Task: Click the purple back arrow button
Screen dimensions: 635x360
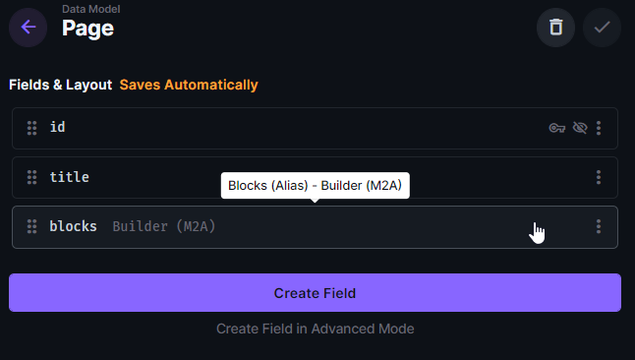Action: tap(28, 28)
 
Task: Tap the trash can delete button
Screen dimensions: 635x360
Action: tap(555, 28)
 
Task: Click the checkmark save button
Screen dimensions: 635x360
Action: tap(602, 28)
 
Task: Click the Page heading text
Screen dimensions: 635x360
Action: tap(87, 29)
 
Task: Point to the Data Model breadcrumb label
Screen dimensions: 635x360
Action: tap(91, 9)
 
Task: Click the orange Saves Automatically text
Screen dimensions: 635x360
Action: tap(189, 85)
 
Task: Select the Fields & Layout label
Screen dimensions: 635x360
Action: tap(61, 85)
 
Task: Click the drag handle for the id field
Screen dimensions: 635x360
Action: tap(31, 128)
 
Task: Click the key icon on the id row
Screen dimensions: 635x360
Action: tap(557, 128)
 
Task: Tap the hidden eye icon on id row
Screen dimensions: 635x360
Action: tap(579, 128)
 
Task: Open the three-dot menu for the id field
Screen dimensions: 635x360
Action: tap(599, 128)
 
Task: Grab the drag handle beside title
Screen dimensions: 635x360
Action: tap(31, 178)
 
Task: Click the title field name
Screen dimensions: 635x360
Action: tap(70, 178)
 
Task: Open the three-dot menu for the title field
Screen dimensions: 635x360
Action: tap(599, 178)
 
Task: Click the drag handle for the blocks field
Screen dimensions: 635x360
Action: tap(31, 227)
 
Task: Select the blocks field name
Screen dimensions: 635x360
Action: tap(74, 227)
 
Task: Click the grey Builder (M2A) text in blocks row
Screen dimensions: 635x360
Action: tap(164, 227)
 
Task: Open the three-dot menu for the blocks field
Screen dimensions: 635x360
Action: tap(599, 227)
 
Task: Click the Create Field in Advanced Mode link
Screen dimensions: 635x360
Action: tap(315, 329)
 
